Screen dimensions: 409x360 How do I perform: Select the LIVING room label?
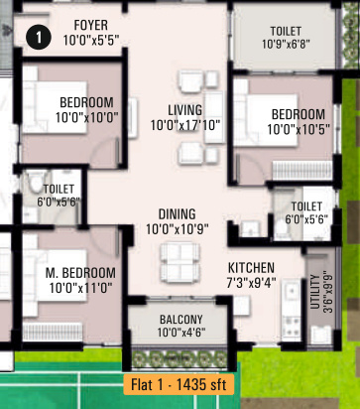point(184,110)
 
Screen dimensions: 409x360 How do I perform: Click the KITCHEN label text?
point(251,268)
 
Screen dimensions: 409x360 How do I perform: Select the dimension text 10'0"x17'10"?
point(184,126)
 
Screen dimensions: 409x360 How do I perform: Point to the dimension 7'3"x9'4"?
point(251,284)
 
